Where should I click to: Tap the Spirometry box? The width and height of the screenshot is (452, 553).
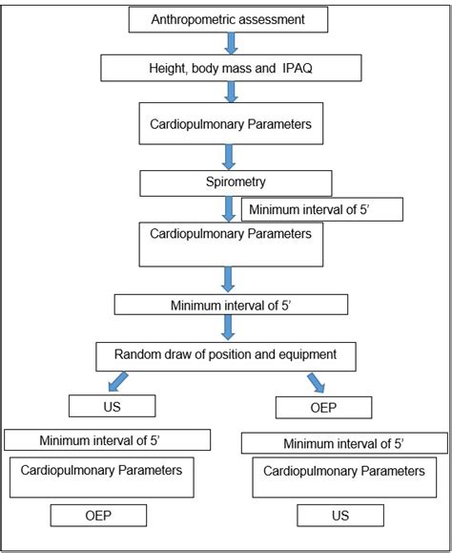coord(236,181)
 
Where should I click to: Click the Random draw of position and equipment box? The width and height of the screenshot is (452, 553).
coord(226,354)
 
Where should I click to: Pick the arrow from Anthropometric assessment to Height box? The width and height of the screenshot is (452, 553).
coord(230,43)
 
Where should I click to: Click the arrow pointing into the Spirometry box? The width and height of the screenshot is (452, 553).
coord(230,155)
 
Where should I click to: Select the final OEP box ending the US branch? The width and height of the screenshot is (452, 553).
coord(99,515)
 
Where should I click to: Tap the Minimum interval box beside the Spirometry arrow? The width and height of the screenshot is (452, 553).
coord(322,208)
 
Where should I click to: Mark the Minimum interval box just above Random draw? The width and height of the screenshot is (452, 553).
coord(230,304)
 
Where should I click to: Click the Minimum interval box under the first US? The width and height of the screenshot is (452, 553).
coord(107,439)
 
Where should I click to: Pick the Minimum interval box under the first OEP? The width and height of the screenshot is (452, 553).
coord(344,443)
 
